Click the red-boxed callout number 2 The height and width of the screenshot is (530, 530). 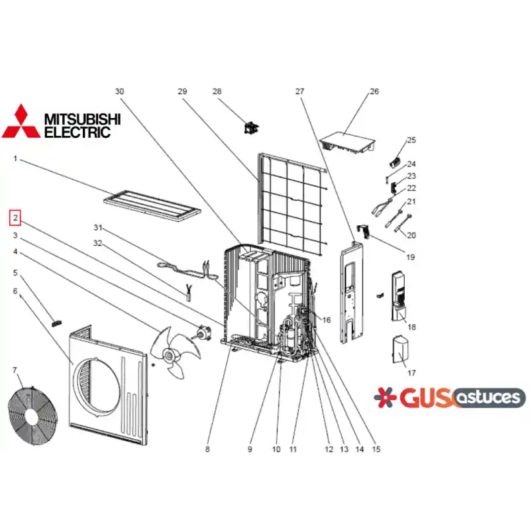[x=15, y=218]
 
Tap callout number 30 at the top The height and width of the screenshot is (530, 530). [x=119, y=91]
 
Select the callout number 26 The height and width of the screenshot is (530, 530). [x=374, y=91]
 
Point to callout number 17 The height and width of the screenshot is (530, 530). [x=411, y=373]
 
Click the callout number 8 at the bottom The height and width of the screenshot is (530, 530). [x=207, y=449]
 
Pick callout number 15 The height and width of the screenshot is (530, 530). [x=376, y=449]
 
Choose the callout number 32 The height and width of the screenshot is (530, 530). [x=97, y=243]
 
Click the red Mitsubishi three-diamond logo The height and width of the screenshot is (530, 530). [x=21, y=121]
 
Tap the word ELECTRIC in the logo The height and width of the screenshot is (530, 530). [x=78, y=132]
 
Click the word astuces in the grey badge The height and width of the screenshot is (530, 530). [x=488, y=397]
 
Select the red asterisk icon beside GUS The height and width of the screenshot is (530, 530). [x=385, y=397]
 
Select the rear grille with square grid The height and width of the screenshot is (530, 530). [x=292, y=201]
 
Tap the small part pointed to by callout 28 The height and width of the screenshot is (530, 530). [x=251, y=128]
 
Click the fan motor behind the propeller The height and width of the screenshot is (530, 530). [x=202, y=332]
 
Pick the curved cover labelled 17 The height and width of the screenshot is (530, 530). [x=400, y=350]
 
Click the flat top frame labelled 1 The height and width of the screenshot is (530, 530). [x=152, y=206]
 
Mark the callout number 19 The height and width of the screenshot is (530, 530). [x=410, y=257]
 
